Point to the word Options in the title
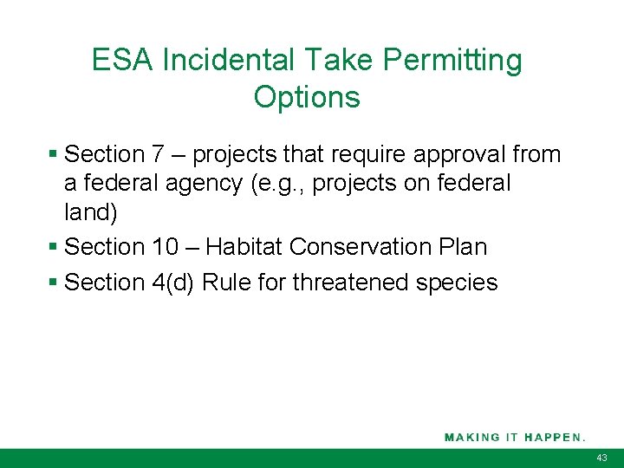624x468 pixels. [x=307, y=97]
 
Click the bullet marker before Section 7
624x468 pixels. [x=54, y=155]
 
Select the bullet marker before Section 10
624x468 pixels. [x=54, y=248]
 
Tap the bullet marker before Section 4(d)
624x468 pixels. [x=54, y=283]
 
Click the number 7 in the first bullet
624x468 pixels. [x=158, y=155]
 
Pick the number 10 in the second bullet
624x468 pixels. [x=165, y=248]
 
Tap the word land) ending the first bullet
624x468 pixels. [x=90, y=212]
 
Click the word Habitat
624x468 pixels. [x=244, y=248]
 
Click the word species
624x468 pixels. [x=458, y=283]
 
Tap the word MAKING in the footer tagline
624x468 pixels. [x=472, y=437]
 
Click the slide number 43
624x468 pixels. [x=602, y=458]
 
